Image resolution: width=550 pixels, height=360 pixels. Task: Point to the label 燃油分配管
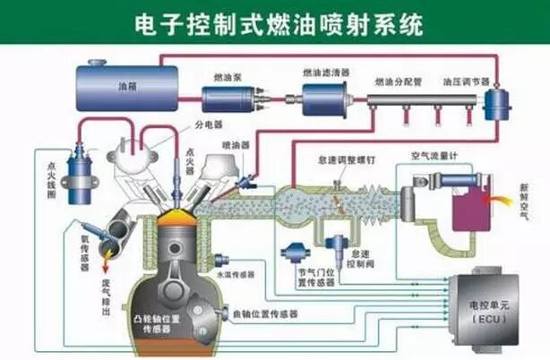pos(400,81)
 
